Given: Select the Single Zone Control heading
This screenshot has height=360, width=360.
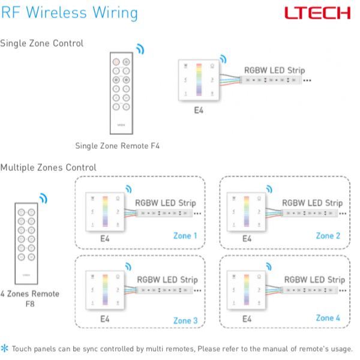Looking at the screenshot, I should [42, 43].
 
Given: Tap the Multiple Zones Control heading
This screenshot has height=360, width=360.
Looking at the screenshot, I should [49, 167].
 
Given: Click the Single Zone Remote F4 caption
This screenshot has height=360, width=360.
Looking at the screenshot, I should [118, 146].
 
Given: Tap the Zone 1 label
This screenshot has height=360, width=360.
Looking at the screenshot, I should [185, 236].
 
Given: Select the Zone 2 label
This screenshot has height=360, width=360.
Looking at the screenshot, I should [328, 236].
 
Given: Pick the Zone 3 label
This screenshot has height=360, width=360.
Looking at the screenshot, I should [185, 320].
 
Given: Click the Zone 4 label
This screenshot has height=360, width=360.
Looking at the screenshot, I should [328, 317].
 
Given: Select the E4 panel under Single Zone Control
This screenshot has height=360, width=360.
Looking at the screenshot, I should [198, 80].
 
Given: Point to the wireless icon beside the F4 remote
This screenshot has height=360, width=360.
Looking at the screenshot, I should [140, 48].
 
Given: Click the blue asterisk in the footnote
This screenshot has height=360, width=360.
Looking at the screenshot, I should [5, 348].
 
